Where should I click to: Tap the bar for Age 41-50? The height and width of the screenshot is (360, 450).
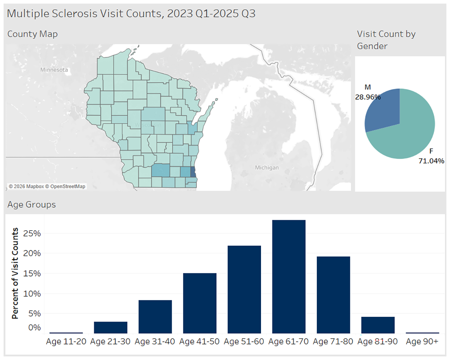pyautogui.click(x=199, y=303)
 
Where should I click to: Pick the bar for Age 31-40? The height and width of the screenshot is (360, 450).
pyautogui.click(x=155, y=316)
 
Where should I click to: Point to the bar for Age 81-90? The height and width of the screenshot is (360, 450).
pyautogui.click(x=378, y=325)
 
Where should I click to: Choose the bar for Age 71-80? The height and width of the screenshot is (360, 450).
pyautogui.click(x=333, y=295)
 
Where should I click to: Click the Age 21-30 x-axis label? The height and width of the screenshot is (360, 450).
pyautogui.click(x=111, y=342)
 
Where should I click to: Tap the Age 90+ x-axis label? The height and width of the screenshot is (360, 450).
pyautogui.click(x=422, y=342)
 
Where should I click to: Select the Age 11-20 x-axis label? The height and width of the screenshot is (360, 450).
pyautogui.click(x=66, y=342)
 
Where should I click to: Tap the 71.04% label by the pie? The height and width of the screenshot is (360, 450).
pyautogui.click(x=431, y=161)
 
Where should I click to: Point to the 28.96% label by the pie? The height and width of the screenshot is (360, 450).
pyautogui.click(x=368, y=97)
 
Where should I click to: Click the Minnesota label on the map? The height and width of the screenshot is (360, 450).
pyautogui.click(x=54, y=70)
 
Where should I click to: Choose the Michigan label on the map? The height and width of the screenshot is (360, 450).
pyautogui.click(x=267, y=167)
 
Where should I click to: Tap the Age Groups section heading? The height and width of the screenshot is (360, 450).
pyautogui.click(x=31, y=205)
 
